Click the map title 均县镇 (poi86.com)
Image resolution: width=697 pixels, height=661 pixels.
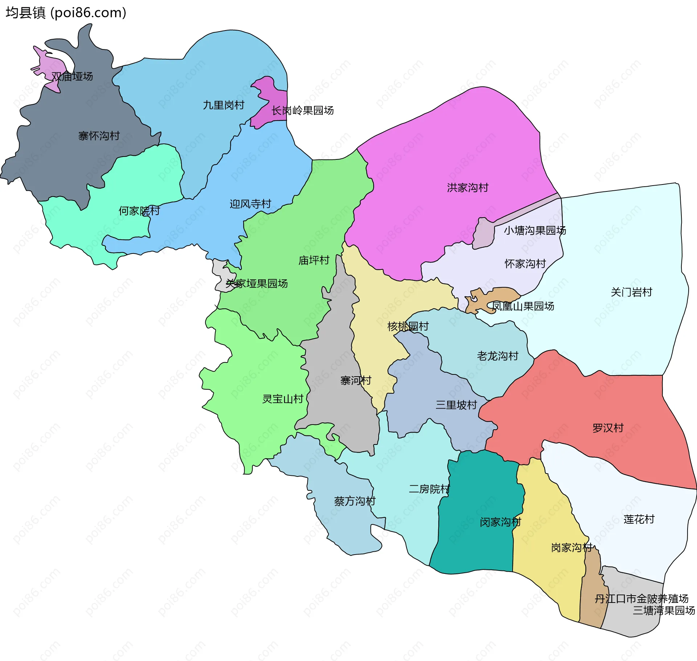click(x=66, y=13)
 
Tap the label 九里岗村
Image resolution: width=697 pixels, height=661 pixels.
click(x=224, y=105)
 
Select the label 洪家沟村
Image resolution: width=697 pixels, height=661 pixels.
click(x=468, y=188)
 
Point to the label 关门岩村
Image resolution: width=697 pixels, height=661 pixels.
click(x=631, y=292)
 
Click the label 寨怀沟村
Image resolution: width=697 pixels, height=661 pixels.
click(x=99, y=136)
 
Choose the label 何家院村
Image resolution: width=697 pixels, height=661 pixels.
click(x=139, y=211)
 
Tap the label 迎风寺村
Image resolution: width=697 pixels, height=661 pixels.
click(x=250, y=204)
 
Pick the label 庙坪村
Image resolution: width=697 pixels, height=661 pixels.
click(x=314, y=260)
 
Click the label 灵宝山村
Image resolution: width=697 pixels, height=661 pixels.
click(x=283, y=399)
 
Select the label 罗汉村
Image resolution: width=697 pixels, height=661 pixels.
click(x=608, y=428)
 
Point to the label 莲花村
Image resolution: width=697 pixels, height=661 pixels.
click(x=639, y=519)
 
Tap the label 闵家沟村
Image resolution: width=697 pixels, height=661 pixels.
click(x=501, y=522)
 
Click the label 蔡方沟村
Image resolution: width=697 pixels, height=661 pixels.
click(x=355, y=501)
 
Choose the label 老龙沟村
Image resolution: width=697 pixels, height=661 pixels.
click(x=498, y=356)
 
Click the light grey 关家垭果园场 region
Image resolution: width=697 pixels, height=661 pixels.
click(x=222, y=276)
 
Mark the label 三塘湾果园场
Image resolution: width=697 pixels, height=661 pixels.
click(x=664, y=611)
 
